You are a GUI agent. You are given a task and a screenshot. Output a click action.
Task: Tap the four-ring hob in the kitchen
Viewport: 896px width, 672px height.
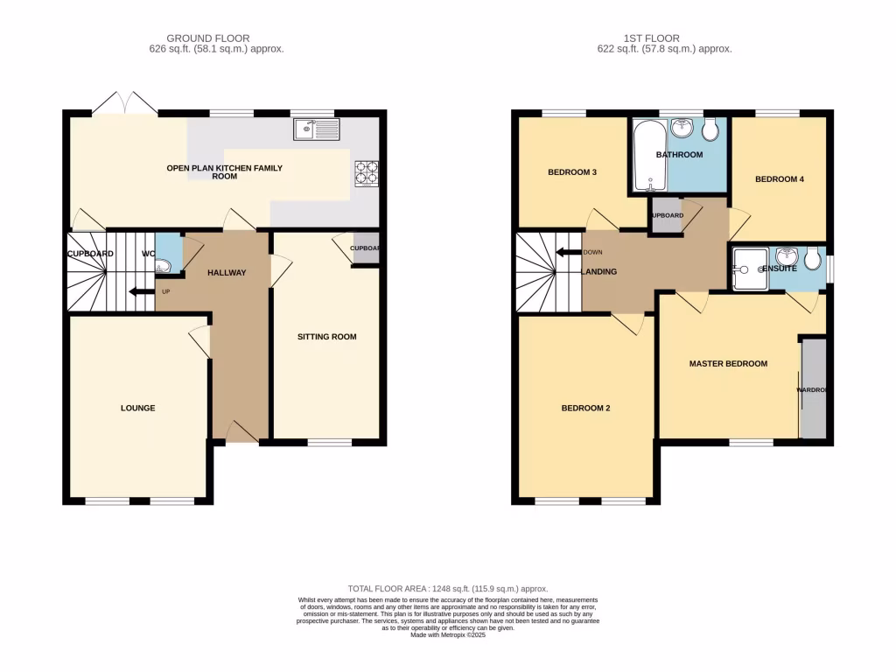tap(367, 171)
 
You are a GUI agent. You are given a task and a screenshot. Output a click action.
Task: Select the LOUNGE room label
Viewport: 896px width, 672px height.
tap(138, 408)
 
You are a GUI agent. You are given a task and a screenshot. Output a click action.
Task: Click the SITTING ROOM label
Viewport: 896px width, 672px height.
tap(326, 337)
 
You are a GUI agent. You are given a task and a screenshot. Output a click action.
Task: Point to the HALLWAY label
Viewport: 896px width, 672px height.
tap(227, 273)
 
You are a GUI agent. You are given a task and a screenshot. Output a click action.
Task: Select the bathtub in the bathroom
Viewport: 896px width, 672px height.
tap(649, 156)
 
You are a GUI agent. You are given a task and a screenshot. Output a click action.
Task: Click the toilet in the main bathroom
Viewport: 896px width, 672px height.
tap(710, 130)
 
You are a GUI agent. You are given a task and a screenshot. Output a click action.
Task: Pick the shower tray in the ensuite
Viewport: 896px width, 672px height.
tap(748, 267)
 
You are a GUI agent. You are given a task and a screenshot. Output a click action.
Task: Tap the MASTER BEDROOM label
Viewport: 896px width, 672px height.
tap(728, 364)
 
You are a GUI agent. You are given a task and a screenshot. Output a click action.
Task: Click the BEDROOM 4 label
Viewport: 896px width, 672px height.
tap(779, 179)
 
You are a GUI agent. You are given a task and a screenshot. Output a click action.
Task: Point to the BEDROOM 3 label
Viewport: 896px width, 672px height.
tap(572, 172)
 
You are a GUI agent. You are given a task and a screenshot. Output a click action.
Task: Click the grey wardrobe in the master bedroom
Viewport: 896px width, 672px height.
tap(813, 389)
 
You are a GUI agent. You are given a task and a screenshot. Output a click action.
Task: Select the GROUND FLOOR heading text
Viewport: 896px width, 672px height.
tap(208, 38)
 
